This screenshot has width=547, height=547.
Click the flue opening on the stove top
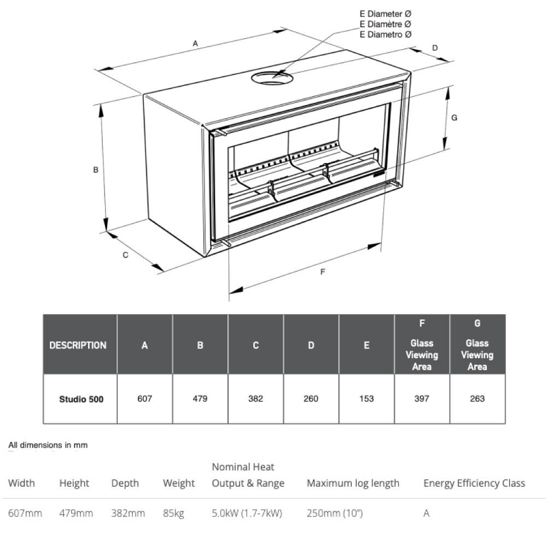tap(272, 78)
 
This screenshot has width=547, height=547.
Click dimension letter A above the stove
tap(195, 44)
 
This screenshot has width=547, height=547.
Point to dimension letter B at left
tap(96, 170)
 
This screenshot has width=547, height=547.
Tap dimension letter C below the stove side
tap(125, 255)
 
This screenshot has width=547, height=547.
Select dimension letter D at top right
tap(435, 48)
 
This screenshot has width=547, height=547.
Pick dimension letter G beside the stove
tap(454, 118)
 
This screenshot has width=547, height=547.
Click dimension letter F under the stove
tap(323, 272)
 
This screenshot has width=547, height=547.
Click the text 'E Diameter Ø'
tap(385, 14)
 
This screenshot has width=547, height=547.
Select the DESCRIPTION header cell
tap(78, 346)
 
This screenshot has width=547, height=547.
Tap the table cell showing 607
tap(144, 399)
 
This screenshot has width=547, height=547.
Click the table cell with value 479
tap(200, 399)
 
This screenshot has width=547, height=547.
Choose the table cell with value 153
tap(366, 399)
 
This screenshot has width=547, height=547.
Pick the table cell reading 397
tap(422, 399)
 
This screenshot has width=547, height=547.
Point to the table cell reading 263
tap(477, 399)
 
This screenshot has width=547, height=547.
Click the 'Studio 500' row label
tap(81, 399)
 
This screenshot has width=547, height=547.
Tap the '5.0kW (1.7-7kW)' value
tap(247, 514)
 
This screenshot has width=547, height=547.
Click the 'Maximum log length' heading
tap(353, 484)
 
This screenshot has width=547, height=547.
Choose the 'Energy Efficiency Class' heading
tap(474, 484)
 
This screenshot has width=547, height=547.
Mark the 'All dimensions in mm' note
tap(48, 445)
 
